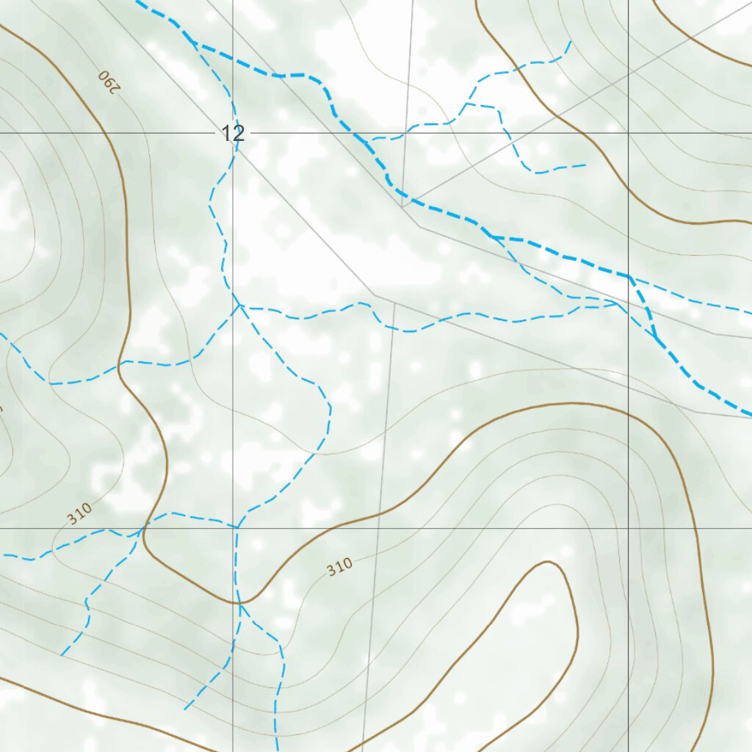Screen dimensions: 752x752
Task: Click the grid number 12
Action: [x=233, y=134]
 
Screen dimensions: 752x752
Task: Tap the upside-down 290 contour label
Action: [x=108, y=81]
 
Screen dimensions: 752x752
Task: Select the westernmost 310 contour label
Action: [x=79, y=513]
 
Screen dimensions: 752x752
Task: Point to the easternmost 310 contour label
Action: [x=339, y=566]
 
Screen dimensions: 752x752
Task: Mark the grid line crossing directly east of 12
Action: [x=628, y=133]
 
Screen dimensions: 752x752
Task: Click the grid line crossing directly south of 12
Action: [x=234, y=527]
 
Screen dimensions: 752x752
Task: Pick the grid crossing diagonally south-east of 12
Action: [x=628, y=527]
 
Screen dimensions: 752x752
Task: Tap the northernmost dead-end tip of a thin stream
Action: [x=571, y=41]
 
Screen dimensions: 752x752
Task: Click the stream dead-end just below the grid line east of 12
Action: [x=585, y=164]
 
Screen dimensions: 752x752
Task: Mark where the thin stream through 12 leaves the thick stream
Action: [x=192, y=41]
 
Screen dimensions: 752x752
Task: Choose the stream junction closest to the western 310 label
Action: [x=142, y=529]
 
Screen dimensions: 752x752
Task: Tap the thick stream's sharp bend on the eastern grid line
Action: [x=629, y=276]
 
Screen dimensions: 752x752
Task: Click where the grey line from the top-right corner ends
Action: [x=402, y=206]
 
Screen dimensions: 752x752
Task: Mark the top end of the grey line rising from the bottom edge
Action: [x=395, y=301]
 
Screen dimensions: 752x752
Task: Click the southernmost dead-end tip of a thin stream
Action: [x=277, y=751]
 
